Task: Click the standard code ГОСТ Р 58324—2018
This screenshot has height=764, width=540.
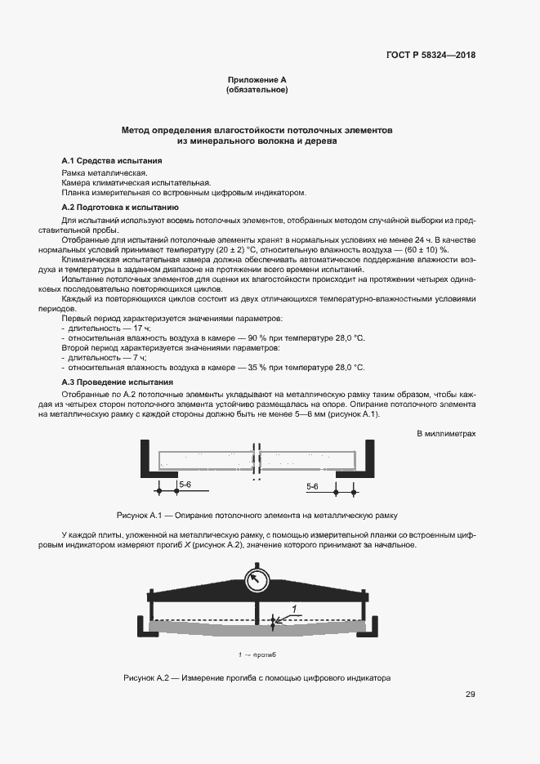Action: (x=430, y=56)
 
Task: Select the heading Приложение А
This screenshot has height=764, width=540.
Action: (x=257, y=80)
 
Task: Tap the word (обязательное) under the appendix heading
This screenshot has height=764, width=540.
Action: (x=257, y=90)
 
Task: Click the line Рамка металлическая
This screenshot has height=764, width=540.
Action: (x=104, y=173)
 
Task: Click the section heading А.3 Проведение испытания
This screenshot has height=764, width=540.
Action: (x=118, y=382)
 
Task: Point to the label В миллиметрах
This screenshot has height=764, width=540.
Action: (x=446, y=433)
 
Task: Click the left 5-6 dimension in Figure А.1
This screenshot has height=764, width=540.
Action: (x=185, y=485)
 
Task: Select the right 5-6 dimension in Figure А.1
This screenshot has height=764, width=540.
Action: (x=313, y=486)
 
